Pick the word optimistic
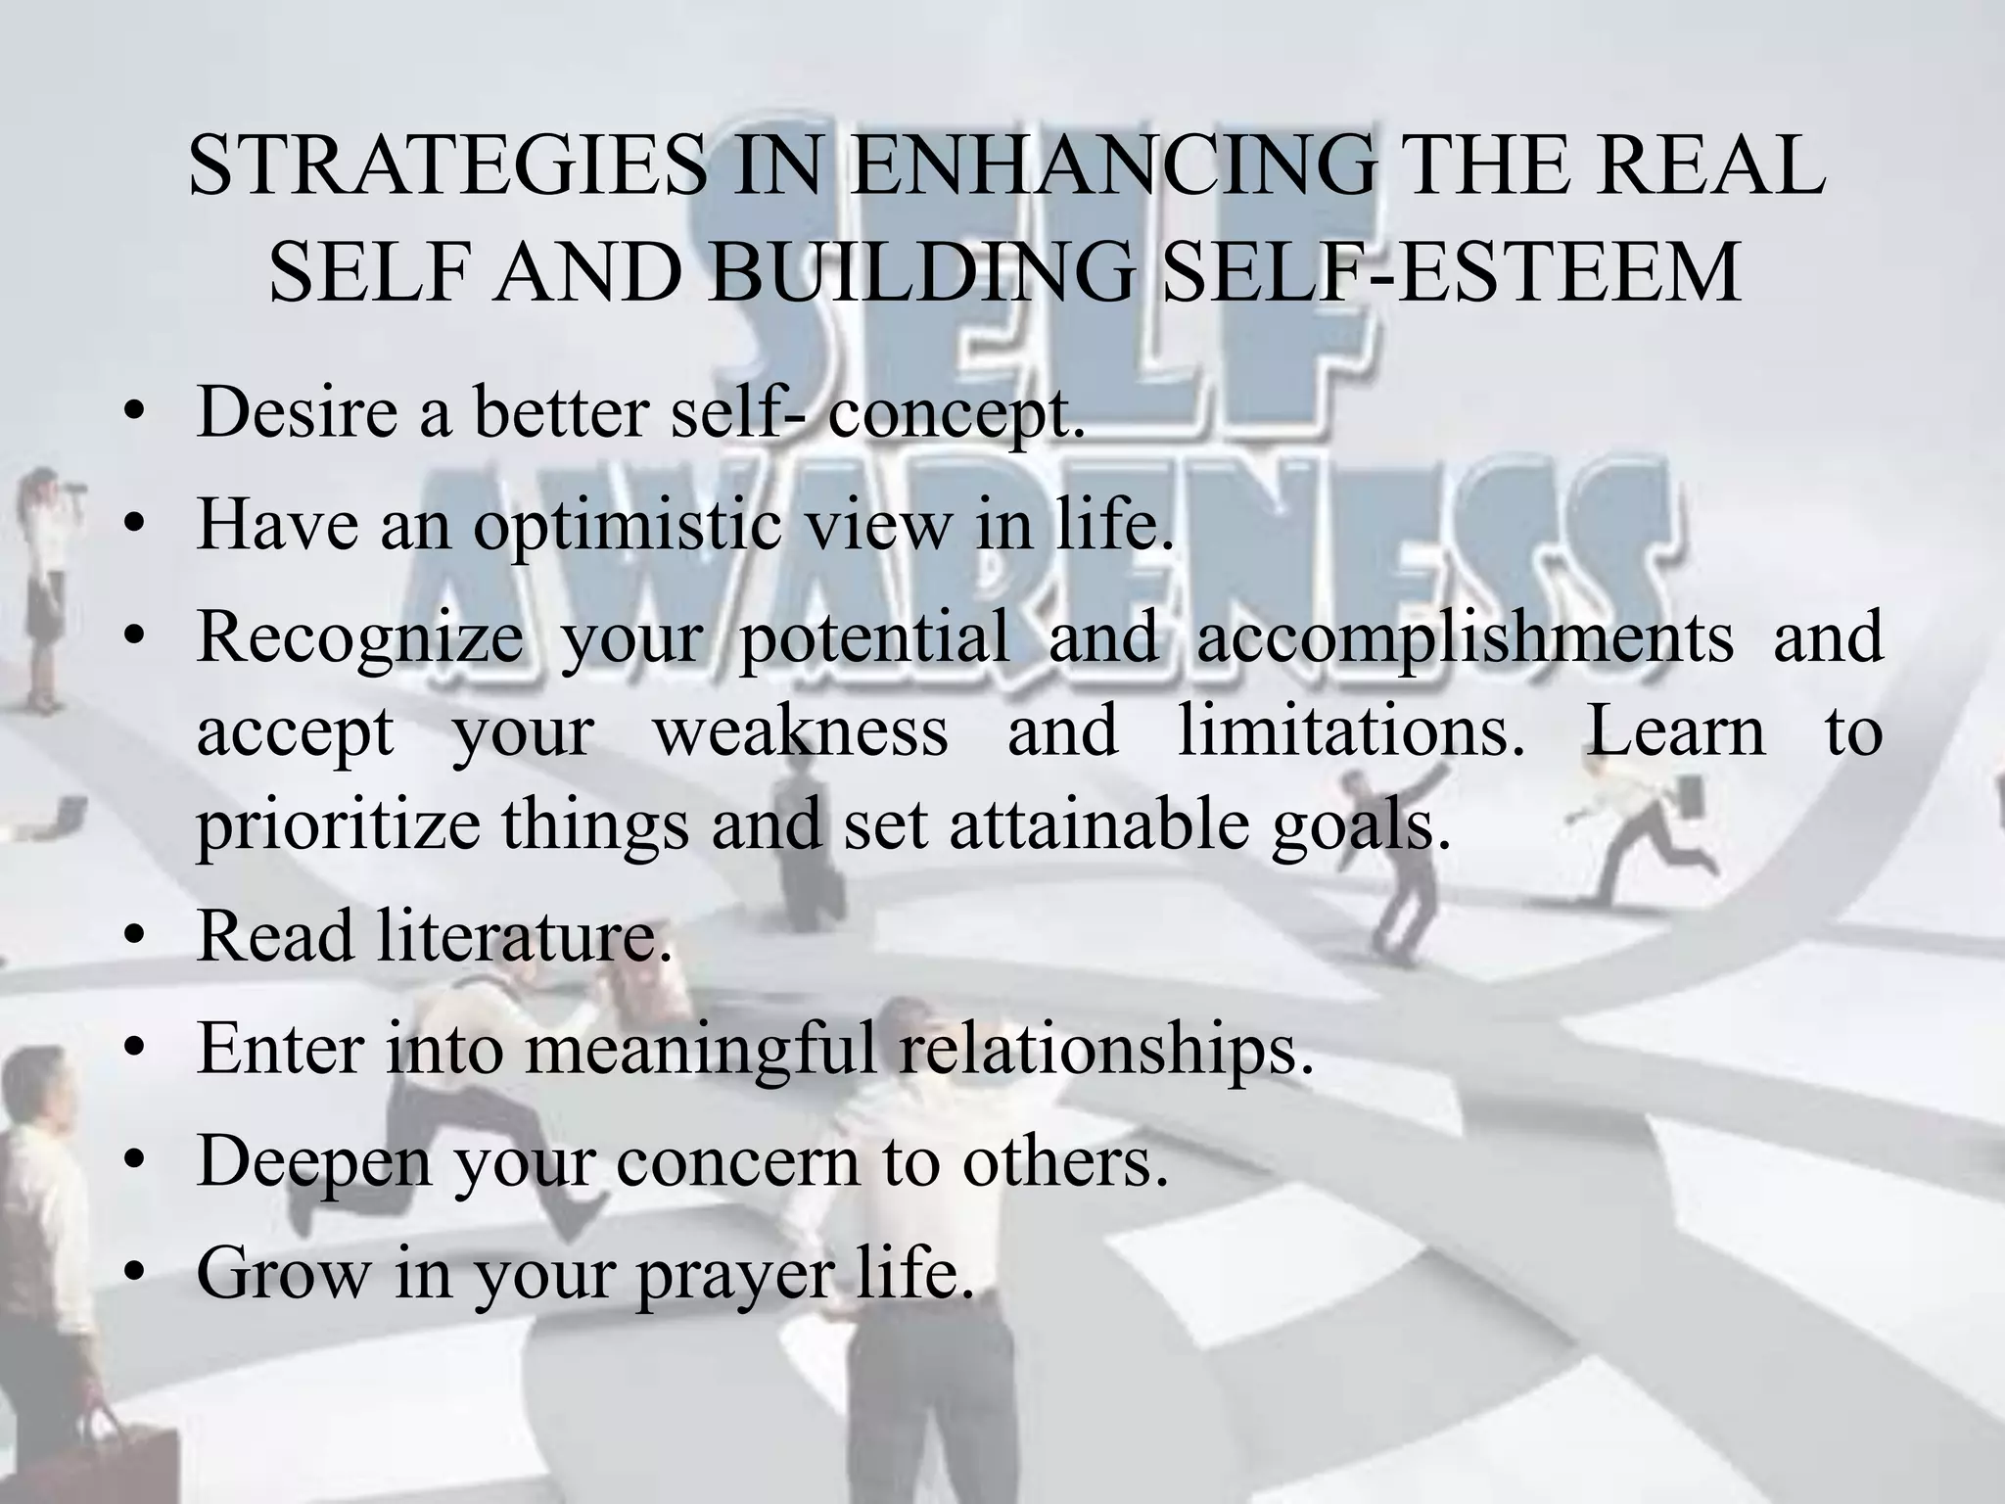click(628, 526)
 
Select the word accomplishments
click(1465, 637)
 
